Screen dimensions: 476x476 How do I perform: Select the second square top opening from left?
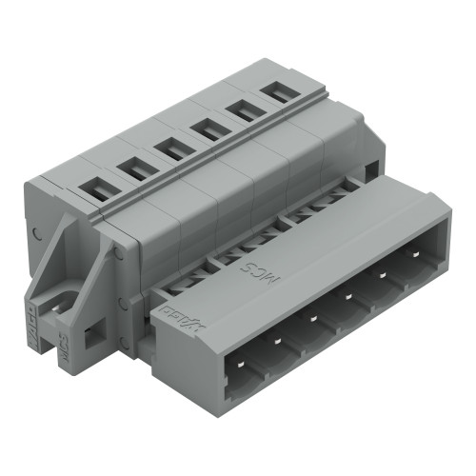point(134,169)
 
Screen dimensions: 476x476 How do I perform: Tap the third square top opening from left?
point(171,149)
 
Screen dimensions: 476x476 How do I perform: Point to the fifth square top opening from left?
point(241,110)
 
